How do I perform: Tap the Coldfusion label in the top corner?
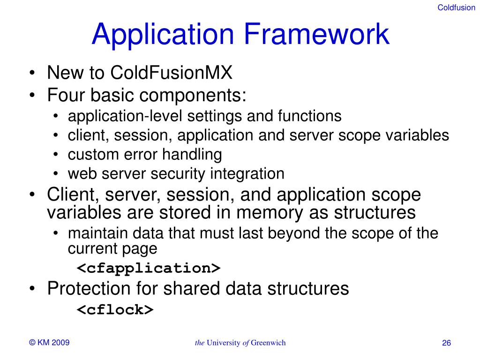coord(456,7)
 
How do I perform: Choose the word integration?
coord(247,174)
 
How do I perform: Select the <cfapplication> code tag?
coord(149,268)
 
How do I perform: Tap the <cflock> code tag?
coord(115,309)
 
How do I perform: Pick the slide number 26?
coord(446,344)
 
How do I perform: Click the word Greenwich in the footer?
coord(268,343)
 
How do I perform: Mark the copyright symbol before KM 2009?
coord(32,343)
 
